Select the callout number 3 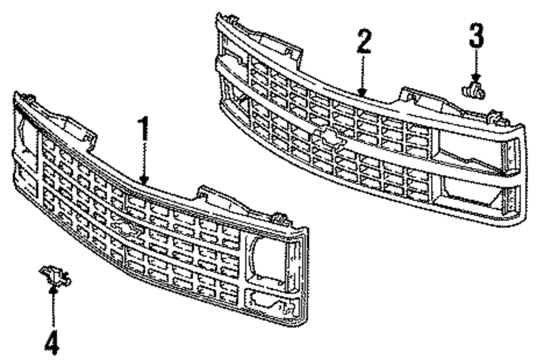(476, 36)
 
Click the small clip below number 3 (473, 89)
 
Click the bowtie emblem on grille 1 (126, 229)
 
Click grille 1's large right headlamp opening (267, 258)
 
